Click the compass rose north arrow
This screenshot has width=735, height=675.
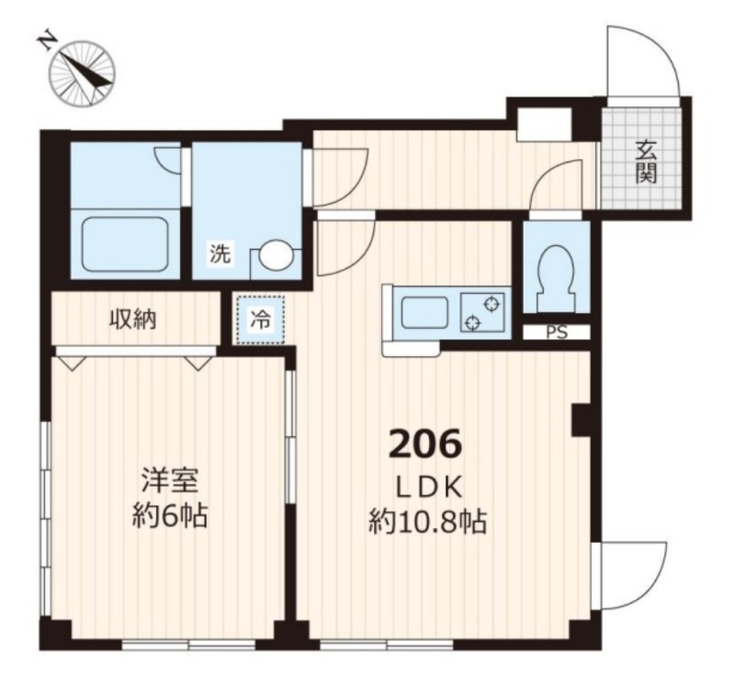[84, 72]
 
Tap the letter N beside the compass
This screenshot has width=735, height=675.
[46, 42]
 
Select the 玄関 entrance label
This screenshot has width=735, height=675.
[646, 162]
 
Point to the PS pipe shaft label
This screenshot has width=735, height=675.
[557, 332]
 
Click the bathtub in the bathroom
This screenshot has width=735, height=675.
[126, 245]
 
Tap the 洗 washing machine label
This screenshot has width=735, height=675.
[220, 253]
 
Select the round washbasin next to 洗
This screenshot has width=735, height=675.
[275, 255]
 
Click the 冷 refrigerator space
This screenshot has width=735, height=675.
[260, 321]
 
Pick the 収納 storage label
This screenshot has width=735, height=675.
[133, 320]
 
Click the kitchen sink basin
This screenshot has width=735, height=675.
[424, 313]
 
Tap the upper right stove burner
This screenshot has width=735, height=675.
[492, 305]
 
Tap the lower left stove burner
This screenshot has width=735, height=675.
[472, 322]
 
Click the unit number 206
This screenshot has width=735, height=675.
[425, 445]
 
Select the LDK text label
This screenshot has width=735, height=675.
[430, 489]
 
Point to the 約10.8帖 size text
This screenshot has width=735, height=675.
[427, 522]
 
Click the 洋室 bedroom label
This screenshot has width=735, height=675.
[170, 480]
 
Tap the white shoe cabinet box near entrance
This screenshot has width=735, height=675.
[544, 124]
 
